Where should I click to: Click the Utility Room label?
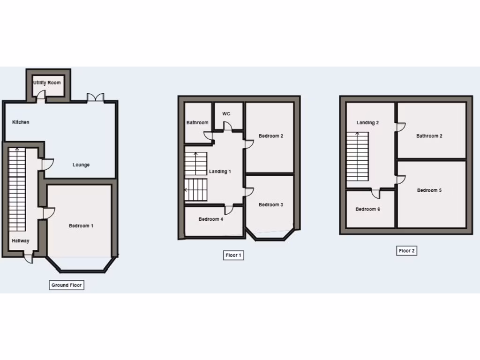point(47,83)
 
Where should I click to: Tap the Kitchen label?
point(21,122)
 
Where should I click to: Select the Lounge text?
point(81,165)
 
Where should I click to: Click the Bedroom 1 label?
point(81,226)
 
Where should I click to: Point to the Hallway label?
point(21,241)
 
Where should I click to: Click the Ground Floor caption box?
point(67,285)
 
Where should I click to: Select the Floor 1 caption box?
point(233,255)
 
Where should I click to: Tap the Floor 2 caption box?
point(406,251)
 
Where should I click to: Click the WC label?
point(226,114)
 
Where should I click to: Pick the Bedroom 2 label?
point(271,136)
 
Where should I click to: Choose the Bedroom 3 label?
point(271,205)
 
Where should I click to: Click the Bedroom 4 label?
point(211,219)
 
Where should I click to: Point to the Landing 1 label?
point(220,172)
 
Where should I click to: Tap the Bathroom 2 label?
point(429,136)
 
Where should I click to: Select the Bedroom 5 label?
point(429,190)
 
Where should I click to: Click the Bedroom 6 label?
point(367,209)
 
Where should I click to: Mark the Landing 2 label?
point(367,123)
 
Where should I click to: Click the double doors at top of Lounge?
point(95,97)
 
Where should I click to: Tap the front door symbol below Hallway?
point(29,257)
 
